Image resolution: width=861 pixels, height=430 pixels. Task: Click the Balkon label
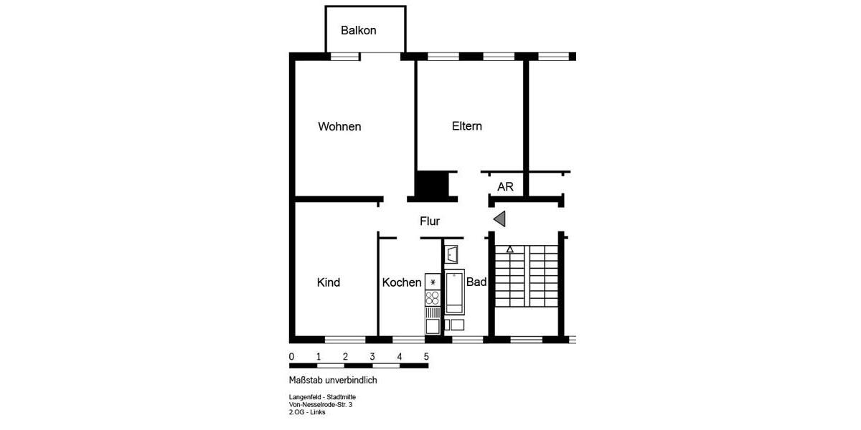coord(359,31)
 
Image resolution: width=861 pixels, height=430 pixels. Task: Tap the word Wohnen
coord(339,127)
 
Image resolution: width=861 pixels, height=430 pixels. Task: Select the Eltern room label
coord(467,126)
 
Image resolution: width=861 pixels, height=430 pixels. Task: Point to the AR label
coord(505,186)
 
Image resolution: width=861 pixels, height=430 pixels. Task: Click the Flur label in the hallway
coord(430,221)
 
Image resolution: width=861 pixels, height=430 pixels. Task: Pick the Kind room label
coord(329,282)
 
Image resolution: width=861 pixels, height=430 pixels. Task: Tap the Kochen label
coord(402,282)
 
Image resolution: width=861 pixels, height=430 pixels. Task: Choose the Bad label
coord(476,282)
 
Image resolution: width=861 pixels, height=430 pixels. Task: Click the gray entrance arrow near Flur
coord(499,219)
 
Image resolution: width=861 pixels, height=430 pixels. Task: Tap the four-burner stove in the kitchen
coord(433,298)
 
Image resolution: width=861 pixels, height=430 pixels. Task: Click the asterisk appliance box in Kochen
coord(433,282)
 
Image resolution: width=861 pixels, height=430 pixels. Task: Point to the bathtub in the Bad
coord(455,292)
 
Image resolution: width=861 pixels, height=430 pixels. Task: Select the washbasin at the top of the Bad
coord(451,254)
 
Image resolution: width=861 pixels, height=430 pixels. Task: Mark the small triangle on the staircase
coord(509,249)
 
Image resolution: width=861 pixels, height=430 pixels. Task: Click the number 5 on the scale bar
coord(426,356)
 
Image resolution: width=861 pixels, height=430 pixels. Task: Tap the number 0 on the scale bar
coord(291,356)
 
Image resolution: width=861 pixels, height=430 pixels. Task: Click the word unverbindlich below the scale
coord(351,381)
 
